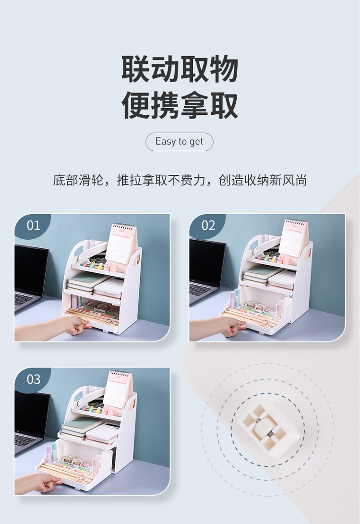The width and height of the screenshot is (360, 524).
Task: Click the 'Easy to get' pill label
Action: pos(180,142)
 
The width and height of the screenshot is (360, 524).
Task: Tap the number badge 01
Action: pos(33,226)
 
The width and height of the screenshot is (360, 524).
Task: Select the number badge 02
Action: pos(208,226)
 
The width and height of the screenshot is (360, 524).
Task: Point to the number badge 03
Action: pos(34,379)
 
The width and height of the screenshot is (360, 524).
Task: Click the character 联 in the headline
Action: pos(135,69)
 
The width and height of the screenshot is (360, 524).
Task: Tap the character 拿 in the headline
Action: pos(194,106)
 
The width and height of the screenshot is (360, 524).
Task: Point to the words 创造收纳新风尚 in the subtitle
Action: pos(263,180)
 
